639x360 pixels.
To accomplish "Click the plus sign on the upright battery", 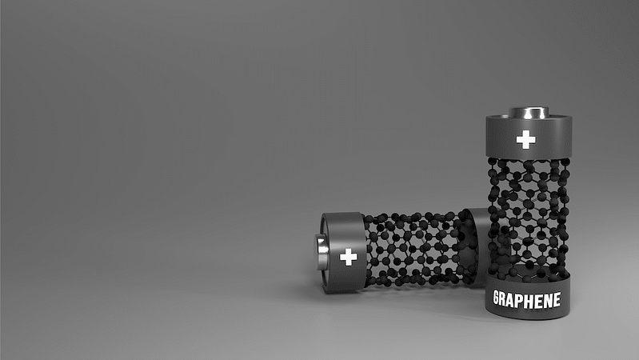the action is click(525, 139).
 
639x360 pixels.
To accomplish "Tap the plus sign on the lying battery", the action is click(349, 257).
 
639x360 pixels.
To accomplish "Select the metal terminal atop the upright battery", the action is click(529, 113).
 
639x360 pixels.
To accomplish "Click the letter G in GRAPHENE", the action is click(497, 298).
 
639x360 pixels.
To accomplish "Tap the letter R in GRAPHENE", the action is click(505, 299).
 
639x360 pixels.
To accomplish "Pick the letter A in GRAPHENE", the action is click(514, 300).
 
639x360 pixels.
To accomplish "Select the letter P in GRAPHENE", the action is click(523, 301).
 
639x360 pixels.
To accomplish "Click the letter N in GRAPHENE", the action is click(548, 300).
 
